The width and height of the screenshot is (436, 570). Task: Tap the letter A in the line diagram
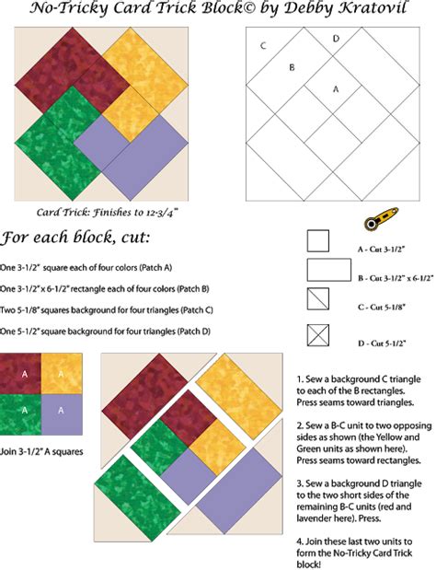tap(335, 88)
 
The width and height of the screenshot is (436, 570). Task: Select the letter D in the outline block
tap(335, 38)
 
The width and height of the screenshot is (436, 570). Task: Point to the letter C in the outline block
tap(263, 45)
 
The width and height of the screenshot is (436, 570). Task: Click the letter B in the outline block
tap(292, 67)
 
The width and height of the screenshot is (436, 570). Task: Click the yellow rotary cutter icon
tap(378, 221)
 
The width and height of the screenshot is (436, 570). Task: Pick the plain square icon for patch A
tap(317, 242)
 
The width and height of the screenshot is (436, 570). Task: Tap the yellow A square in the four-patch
tap(62, 373)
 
